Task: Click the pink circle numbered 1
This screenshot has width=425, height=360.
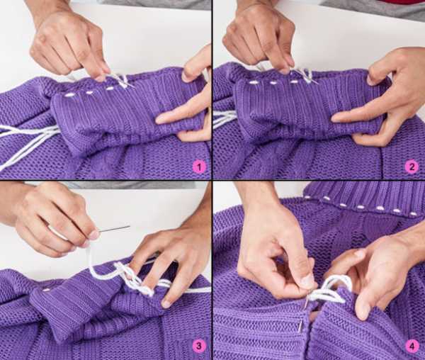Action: click(199, 167)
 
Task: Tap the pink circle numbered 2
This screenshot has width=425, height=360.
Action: click(412, 167)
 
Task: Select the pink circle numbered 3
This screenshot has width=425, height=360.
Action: click(198, 346)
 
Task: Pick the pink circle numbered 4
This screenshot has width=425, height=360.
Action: click(412, 346)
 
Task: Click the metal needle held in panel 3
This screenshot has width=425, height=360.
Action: click(113, 229)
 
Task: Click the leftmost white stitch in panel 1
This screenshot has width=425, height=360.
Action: click(70, 95)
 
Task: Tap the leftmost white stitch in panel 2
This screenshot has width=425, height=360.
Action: click(254, 82)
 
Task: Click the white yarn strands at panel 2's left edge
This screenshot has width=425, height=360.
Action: click(225, 119)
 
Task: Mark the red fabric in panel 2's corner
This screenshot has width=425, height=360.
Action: click(401, 2)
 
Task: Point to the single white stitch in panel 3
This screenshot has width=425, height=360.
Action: click(47, 290)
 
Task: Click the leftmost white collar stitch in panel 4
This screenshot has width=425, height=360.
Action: click(327, 198)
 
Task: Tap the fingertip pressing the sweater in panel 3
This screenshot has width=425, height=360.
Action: click(166, 303)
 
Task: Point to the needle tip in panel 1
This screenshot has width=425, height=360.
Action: click(134, 86)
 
